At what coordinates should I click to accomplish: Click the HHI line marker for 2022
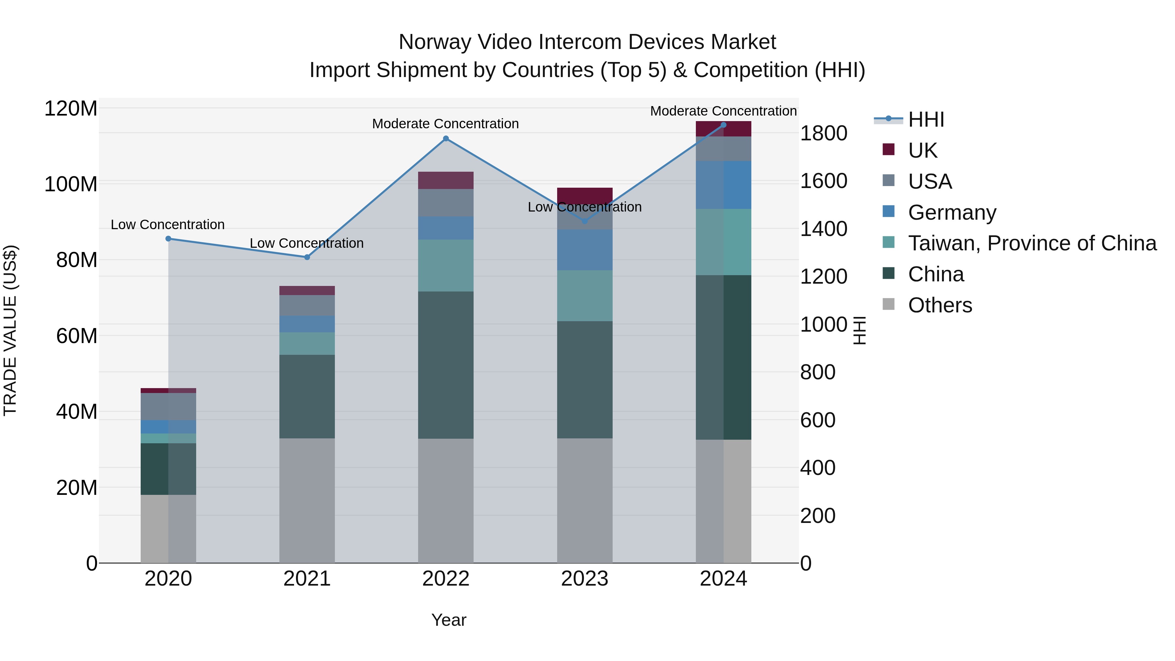click(x=446, y=139)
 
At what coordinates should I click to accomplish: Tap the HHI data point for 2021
click(x=307, y=257)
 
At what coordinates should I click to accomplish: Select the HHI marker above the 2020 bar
click(x=168, y=239)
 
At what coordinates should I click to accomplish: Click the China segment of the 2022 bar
click(x=446, y=365)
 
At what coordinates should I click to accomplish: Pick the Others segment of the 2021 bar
click(x=307, y=500)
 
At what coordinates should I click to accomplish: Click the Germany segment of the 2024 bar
click(x=723, y=185)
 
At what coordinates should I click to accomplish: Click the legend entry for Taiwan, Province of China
click(x=1032, y=244)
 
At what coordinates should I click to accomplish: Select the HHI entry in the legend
click(x=926, y=119)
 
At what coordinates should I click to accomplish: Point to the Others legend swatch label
click(x=940, y=305)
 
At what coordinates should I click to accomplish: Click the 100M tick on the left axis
click(x=71, y=184)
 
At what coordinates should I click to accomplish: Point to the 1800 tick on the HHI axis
click(x=823, y=134)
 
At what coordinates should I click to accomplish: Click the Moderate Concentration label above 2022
click(x=445, y=124)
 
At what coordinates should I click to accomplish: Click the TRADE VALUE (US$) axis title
click(x=10, y=330)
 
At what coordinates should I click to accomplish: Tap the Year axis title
click(x=449, y=620)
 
